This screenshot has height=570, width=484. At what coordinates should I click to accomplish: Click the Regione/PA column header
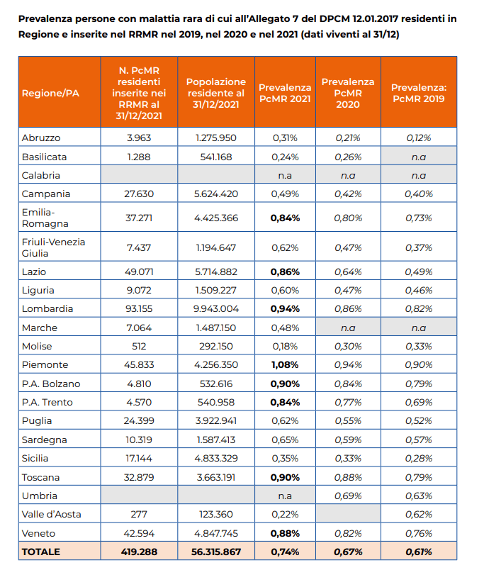tap(50, 93)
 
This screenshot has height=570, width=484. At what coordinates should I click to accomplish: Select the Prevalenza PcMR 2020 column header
tap(348, 93)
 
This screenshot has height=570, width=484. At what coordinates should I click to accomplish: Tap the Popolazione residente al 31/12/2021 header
tap(216, 93)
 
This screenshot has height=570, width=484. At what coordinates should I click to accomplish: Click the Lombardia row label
tap(47, 308)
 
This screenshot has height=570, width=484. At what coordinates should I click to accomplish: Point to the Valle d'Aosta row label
tap(51, 515)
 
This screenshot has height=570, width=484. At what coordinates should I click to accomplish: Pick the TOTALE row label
tap(40, 552)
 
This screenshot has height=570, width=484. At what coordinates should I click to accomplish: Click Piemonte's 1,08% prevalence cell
tap(285, 364)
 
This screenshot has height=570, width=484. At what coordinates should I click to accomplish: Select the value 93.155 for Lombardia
tap(139, 308)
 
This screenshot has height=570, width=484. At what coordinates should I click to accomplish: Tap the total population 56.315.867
tap(216, 552)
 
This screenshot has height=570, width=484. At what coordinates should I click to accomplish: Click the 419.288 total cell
tap(139, 552)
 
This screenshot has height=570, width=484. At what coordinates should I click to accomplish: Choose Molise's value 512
tap(139, 346)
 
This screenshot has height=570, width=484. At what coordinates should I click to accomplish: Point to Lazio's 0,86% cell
tap(285, 272)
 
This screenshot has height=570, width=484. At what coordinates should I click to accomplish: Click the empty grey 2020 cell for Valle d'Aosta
tap(348, 513)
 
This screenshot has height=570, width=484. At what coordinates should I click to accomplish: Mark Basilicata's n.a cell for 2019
tap(419, 157)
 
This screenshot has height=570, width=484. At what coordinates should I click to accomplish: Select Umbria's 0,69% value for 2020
tap(348, 496)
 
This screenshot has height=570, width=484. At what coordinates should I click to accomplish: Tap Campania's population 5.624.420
tap(216, 194)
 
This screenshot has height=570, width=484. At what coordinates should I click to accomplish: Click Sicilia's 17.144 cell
tap(139, 458)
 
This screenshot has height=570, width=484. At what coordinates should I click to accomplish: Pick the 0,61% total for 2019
tap(419, 552)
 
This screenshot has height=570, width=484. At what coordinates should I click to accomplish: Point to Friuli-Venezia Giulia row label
tap(53, 247)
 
